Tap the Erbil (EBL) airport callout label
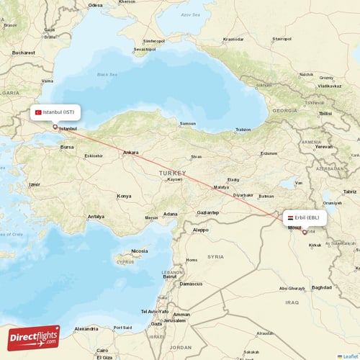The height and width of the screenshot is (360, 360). (x=306, y=217)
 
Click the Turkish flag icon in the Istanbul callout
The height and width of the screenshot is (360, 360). (x=38, y=112)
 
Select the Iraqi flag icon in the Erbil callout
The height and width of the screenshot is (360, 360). (x=289, y=217)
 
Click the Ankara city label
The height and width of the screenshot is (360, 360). (x=130, y=153)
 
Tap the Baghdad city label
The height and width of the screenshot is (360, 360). (x=322, y=288)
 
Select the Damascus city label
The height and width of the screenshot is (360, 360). (x=191, y=284)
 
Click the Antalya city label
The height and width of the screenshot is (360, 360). (x=96, y=216)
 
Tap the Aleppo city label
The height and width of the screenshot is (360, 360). (x=200, y=230)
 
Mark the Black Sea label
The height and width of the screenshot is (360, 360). (x=107, y=74)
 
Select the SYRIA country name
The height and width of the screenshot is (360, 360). (x=215, y=256)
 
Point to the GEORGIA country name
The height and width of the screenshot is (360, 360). (x=284, y=111)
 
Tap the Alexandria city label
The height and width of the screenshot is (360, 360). (x=86, y=328)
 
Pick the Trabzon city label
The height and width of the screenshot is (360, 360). (x=243, y=130)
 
